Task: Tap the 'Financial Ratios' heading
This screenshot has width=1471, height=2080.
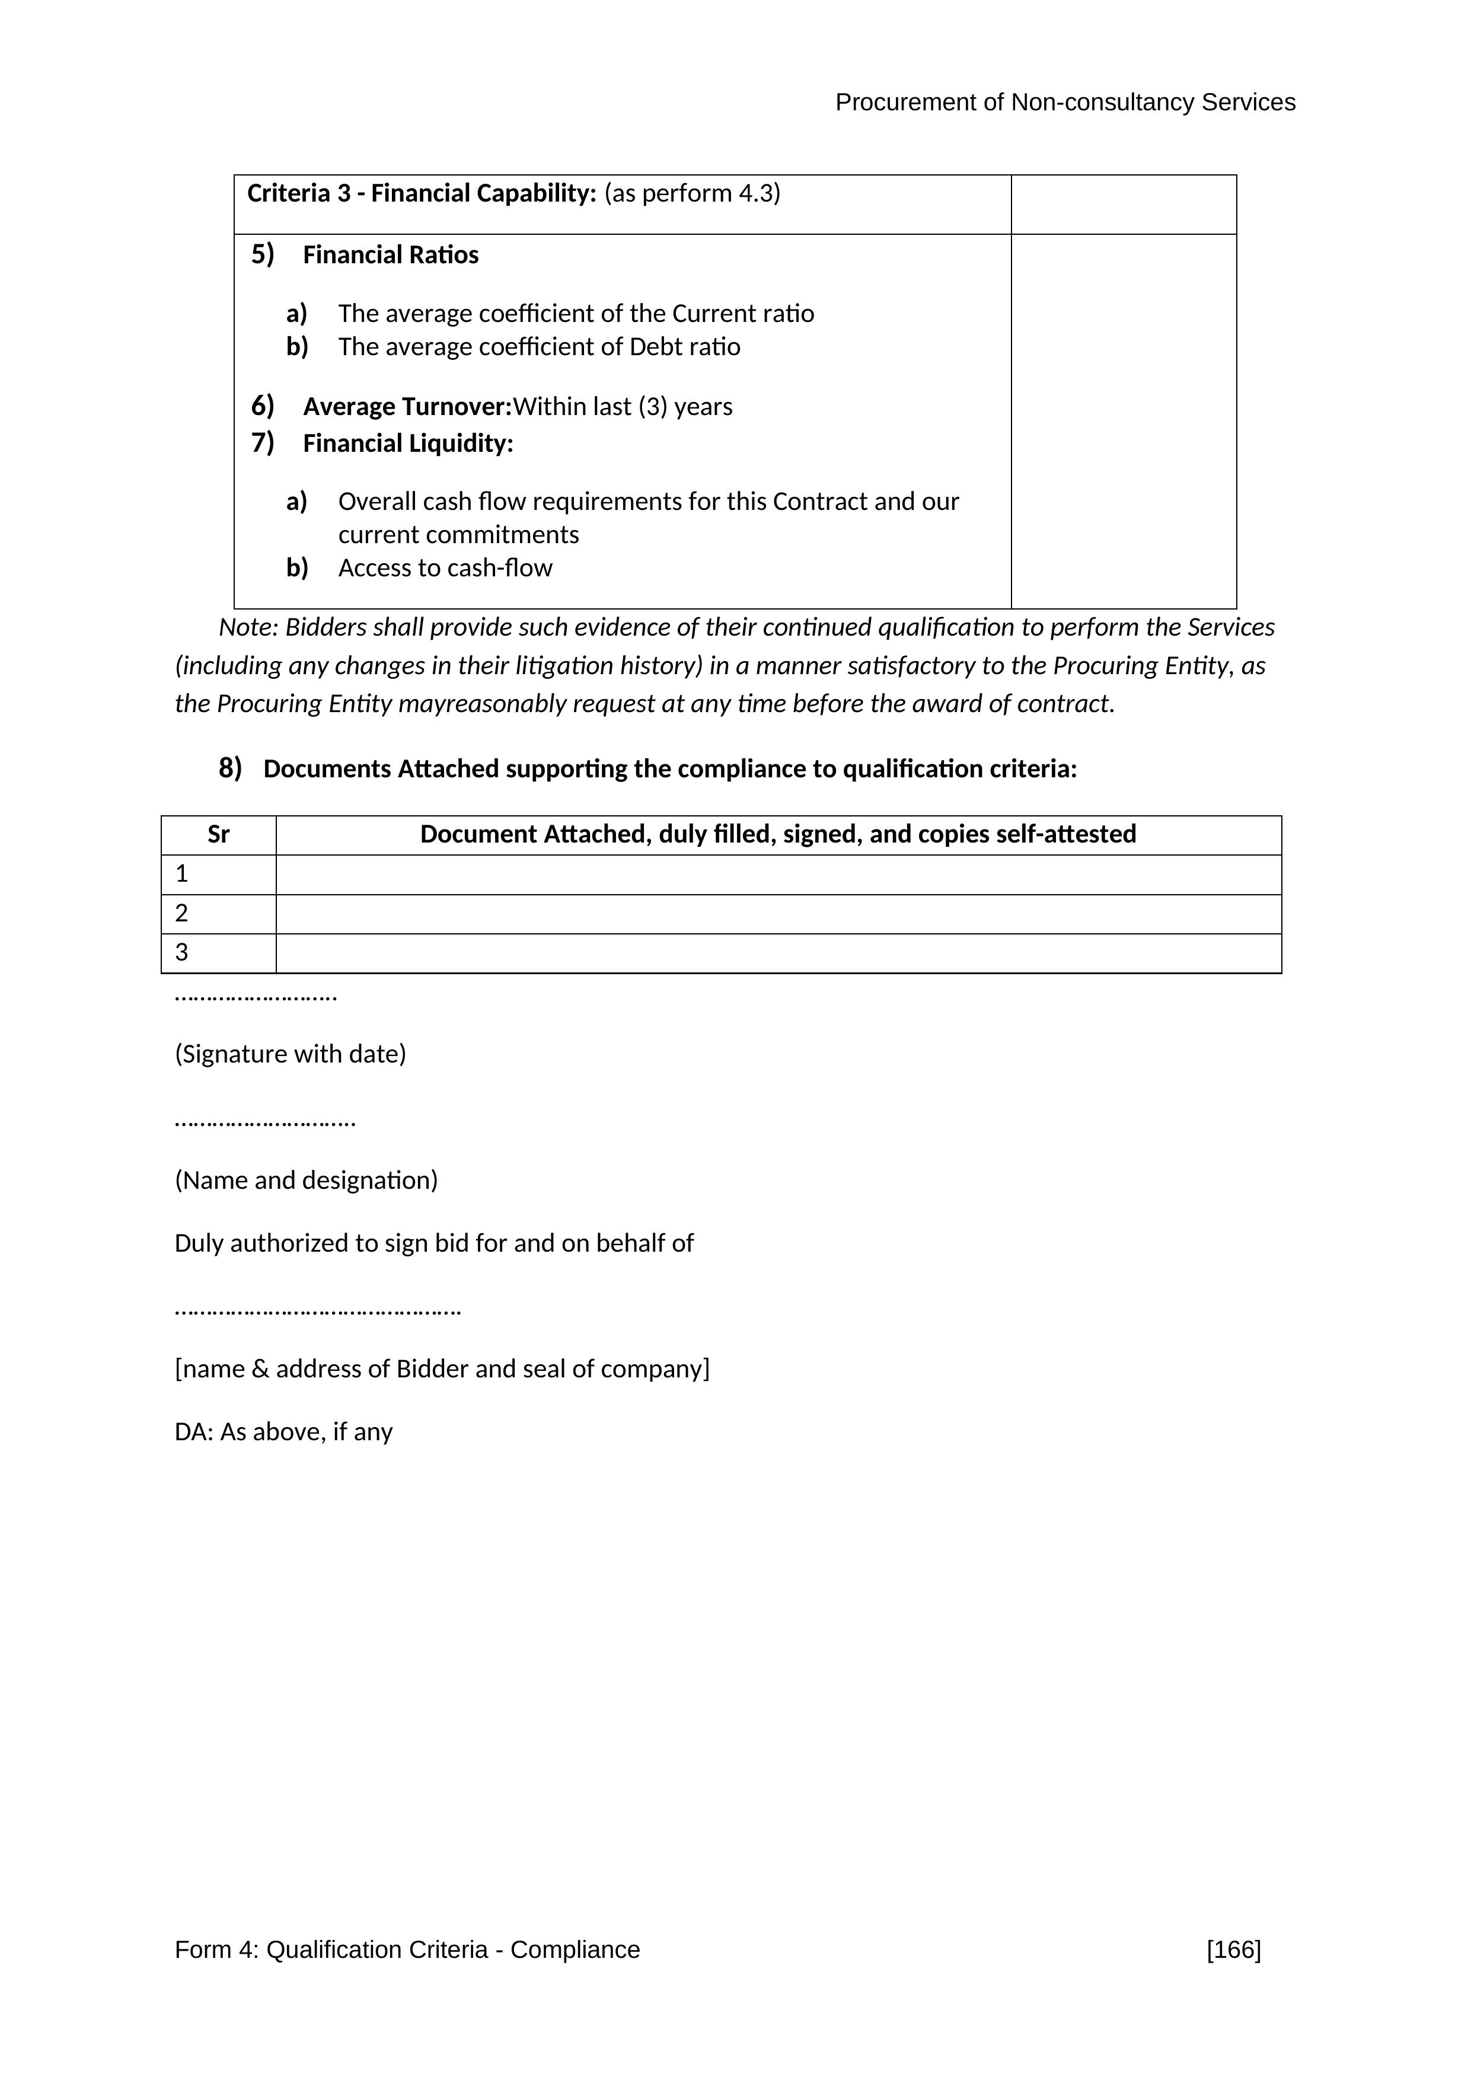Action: pyautogui.click(x=390, y=256)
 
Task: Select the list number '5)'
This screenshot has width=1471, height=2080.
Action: pyautogui.click(x=263, y=254)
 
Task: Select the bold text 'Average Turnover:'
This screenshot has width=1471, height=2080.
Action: pyautogui.click(x=407, y=407)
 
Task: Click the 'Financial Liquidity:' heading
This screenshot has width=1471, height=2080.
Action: pyautogui.click(x=407, y=444)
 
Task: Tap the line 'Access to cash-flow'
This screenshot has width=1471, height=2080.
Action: pyautogui.click(x=445, y=568)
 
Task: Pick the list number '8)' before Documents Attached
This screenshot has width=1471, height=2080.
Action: pyautogui.click(x=230, y=768)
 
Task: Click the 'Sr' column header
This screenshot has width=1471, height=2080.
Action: pyautogui.click(x=218, y=834)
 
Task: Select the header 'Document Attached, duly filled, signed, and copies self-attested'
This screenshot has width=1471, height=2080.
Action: pyautogui.click(x=777, y=834)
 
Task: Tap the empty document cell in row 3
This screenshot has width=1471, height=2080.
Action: pyautogui.click(x=777, y=953)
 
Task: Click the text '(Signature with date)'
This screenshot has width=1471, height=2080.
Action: pyautogui.click(x=290, y=1054)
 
